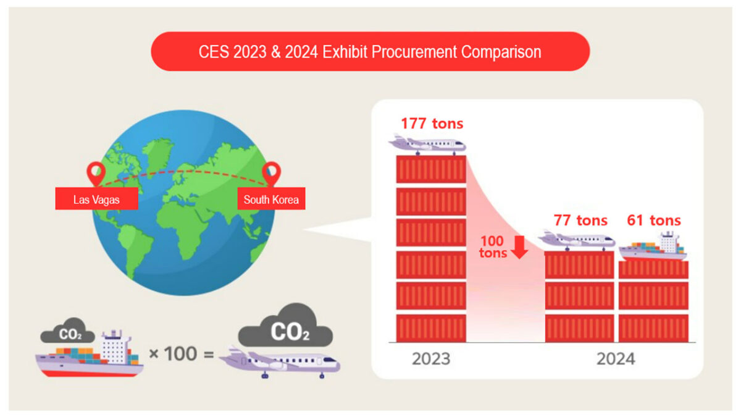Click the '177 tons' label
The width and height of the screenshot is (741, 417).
[432, 124]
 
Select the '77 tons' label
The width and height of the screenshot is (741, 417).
[580, 221]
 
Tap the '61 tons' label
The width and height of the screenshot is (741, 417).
[654, 221]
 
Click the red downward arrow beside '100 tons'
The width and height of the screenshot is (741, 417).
[519, 247]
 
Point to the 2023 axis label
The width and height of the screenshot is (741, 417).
[431, 359]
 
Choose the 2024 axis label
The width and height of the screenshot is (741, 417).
[616, 359]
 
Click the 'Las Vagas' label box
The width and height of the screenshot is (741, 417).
[96, 198]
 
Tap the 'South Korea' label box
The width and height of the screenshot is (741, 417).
[271, 198]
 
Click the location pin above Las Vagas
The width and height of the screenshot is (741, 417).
[96, 174]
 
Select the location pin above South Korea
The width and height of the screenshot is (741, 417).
[271, 174]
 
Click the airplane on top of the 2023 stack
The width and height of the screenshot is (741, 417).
[427, 145]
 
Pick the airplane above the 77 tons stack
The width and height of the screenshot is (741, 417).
[576, 240]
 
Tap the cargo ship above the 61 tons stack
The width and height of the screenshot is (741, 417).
[653, 247]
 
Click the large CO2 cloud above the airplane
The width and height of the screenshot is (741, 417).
[285, 326]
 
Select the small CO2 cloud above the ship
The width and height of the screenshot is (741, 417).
[67, 331]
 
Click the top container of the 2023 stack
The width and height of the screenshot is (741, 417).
[431, 169]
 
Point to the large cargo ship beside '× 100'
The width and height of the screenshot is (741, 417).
[90, 354]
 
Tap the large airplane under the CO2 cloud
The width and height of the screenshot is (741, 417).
[280, 363]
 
